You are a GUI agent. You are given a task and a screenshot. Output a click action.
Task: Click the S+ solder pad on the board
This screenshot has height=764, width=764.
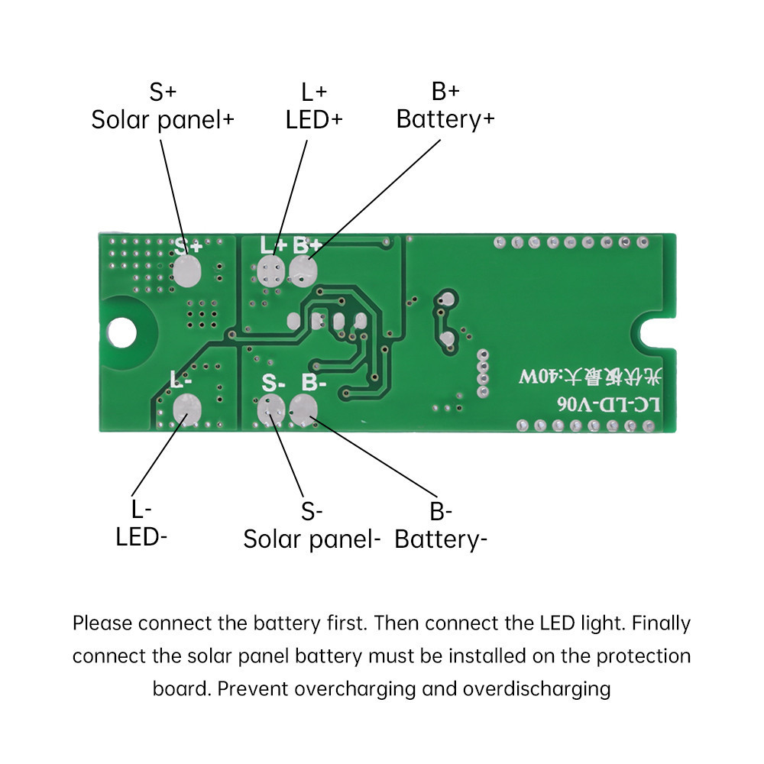point(187,271)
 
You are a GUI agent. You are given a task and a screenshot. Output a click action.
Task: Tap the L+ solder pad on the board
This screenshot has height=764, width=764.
point(270,271)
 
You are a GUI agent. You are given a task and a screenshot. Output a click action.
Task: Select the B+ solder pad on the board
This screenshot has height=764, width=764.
point(303,271)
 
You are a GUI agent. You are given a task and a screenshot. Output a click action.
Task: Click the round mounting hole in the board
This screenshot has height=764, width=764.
point(121,333)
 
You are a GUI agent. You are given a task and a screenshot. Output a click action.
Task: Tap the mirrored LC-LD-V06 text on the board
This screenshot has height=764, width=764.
point(609,404)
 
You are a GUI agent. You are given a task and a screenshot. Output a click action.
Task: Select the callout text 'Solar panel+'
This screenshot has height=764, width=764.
point(163,120)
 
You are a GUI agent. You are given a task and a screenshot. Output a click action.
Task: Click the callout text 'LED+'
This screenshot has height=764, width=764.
point(314,120)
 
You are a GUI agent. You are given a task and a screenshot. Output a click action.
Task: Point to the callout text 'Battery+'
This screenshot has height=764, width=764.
point(445,120)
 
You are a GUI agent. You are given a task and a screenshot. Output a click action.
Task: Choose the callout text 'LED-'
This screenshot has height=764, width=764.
point(141,537)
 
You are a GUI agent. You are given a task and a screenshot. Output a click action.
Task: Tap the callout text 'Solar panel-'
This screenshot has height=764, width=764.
point(312,540)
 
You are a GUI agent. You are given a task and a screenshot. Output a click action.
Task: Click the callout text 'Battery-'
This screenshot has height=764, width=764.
point(441,540)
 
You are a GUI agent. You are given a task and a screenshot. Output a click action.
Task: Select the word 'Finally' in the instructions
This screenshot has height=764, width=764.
point(661,623)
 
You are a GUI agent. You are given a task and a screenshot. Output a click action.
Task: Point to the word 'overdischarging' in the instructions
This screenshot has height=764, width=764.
point(536,689)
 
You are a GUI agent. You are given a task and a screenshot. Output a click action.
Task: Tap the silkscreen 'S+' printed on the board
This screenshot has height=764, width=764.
point(188,247)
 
